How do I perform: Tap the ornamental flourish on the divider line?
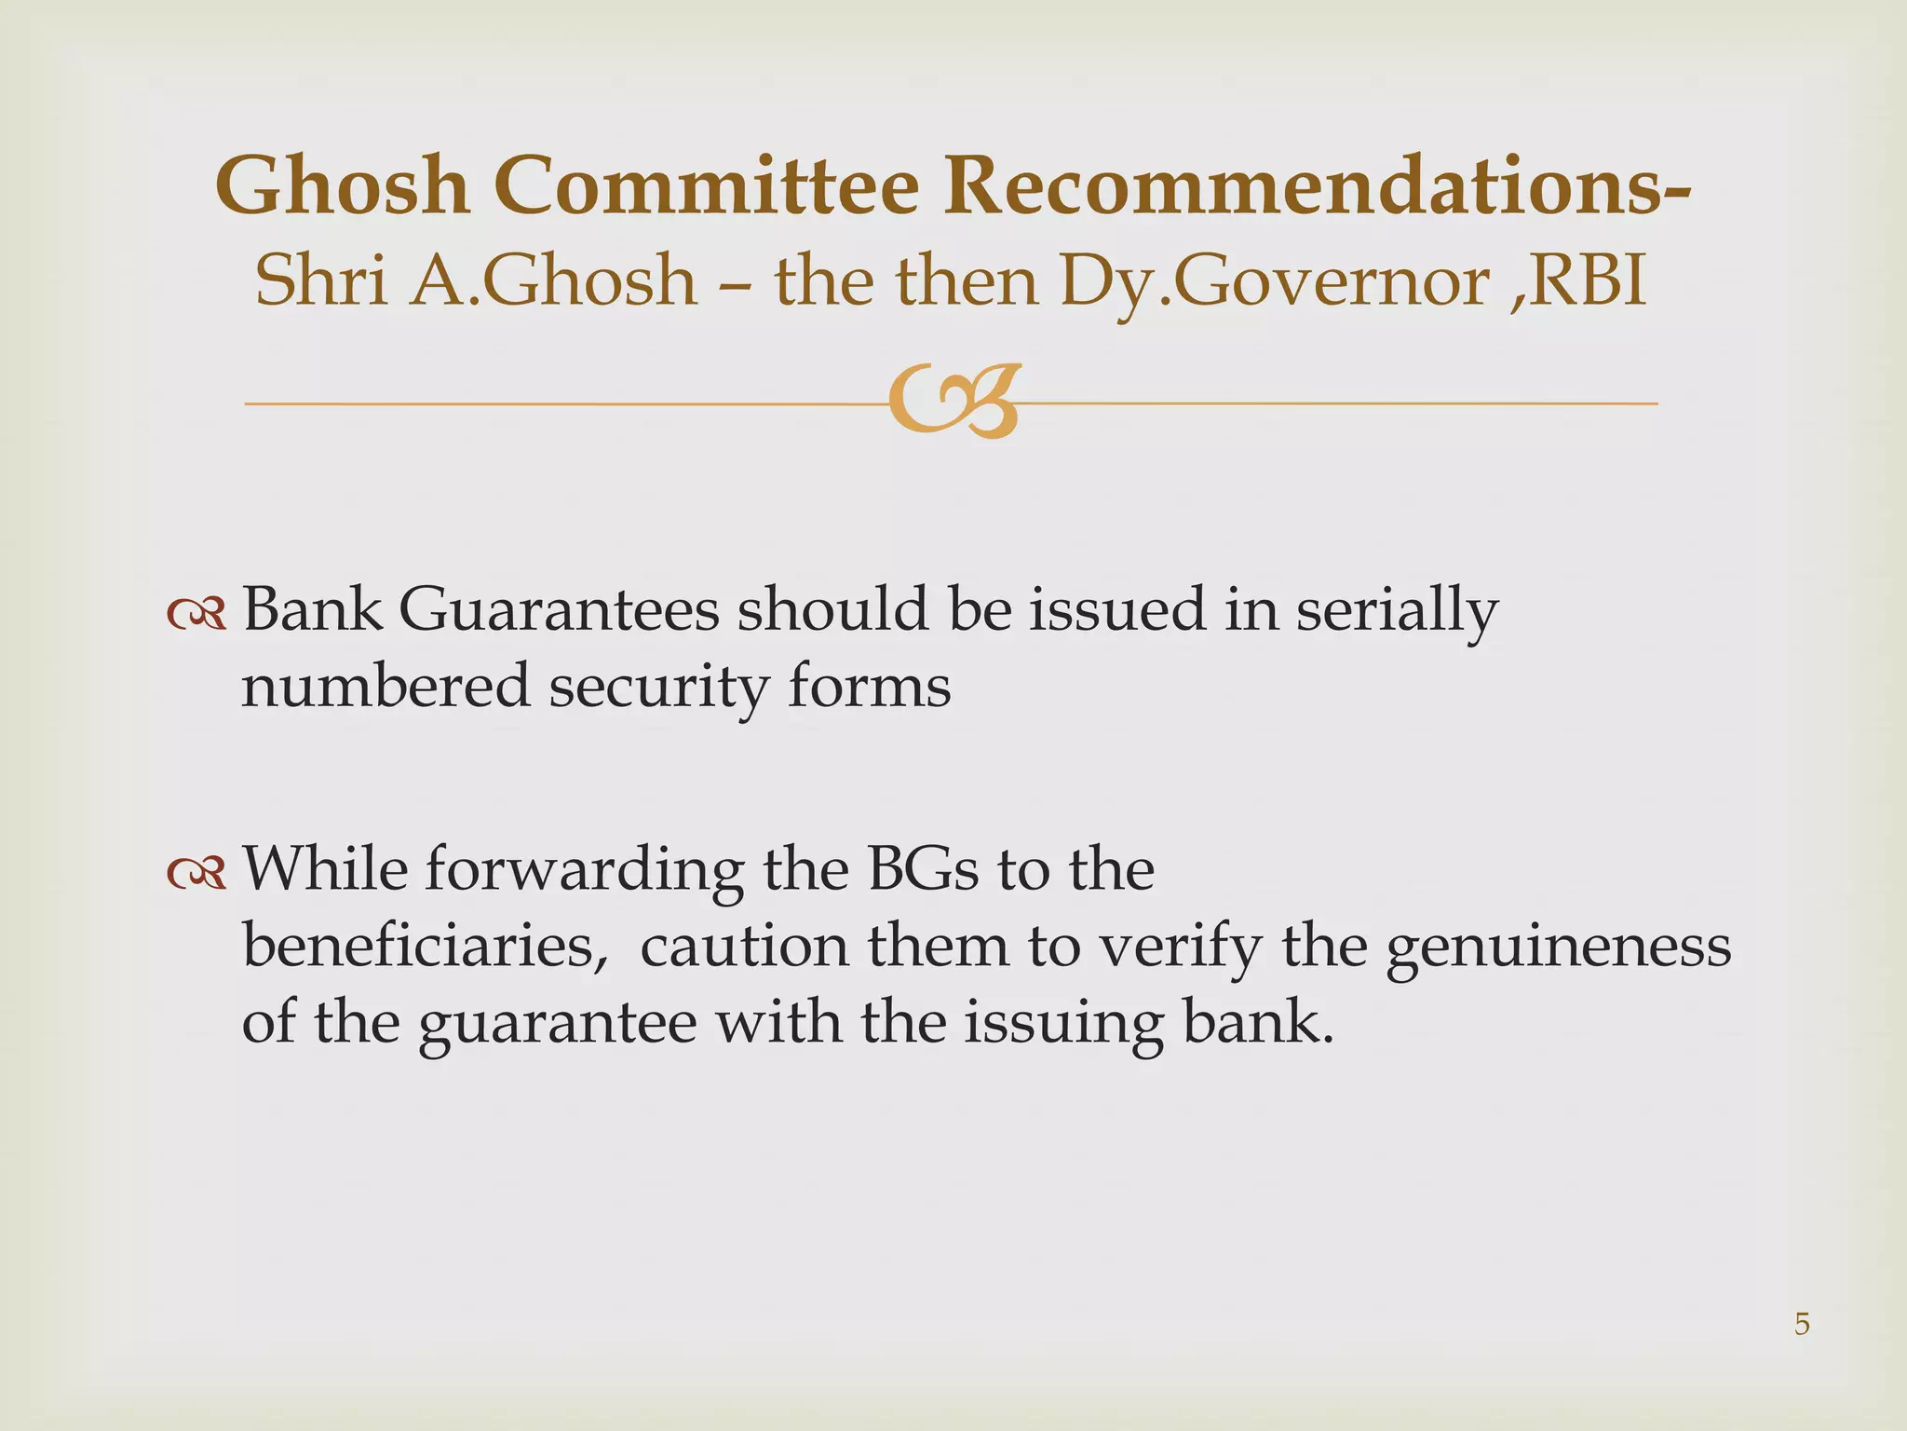tap(953, 402)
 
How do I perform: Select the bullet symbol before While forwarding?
tap(196, 872)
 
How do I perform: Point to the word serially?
tap(1397, 613)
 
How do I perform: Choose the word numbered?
tap(384, 687)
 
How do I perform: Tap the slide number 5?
tap(1802, 1324)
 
